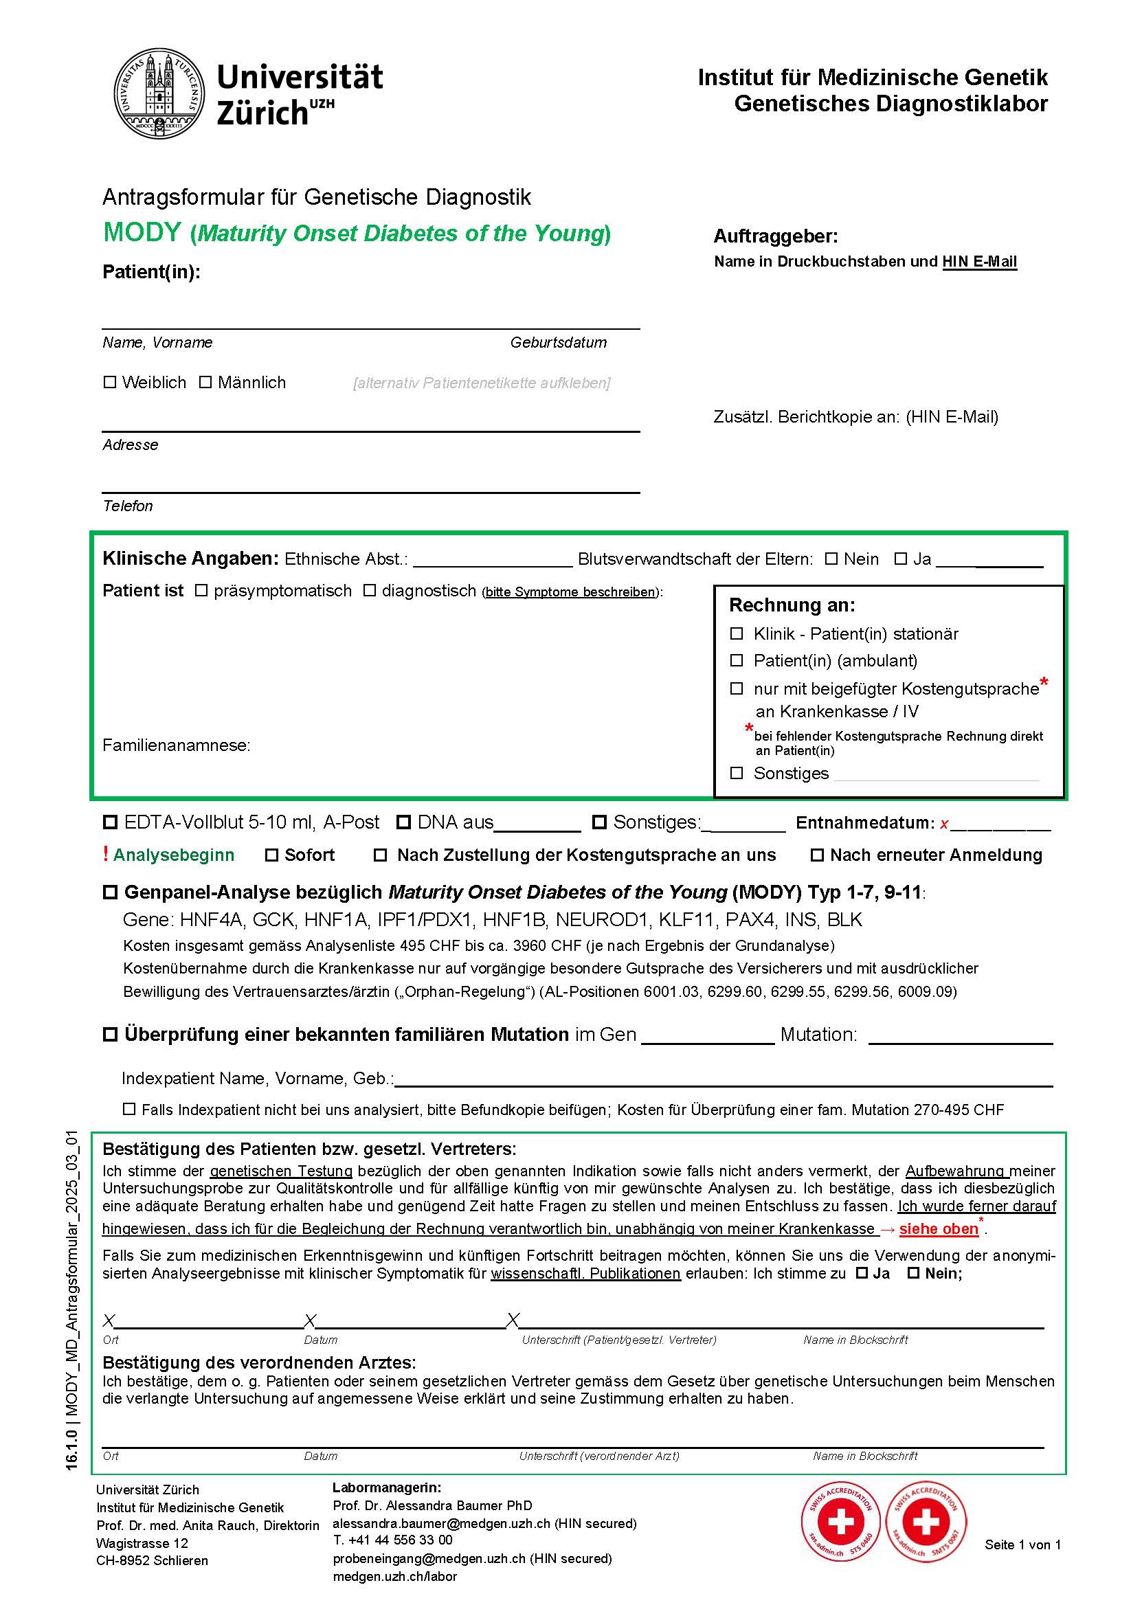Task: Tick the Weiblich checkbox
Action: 110,382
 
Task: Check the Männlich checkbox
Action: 205,382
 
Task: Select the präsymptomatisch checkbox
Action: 201,591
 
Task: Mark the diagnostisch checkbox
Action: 370,591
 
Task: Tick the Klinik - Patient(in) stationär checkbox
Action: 737,633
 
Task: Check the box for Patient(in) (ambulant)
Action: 737,660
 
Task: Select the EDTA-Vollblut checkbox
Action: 110,822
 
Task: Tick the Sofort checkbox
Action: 271,855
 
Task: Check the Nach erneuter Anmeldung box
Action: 817,855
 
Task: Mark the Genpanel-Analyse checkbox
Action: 110,892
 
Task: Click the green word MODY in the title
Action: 142,232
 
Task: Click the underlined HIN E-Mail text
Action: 979,262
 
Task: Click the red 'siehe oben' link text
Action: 939,1228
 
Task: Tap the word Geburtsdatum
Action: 558,342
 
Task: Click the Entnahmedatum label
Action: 864,823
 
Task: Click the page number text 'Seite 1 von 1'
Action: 1022,1544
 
